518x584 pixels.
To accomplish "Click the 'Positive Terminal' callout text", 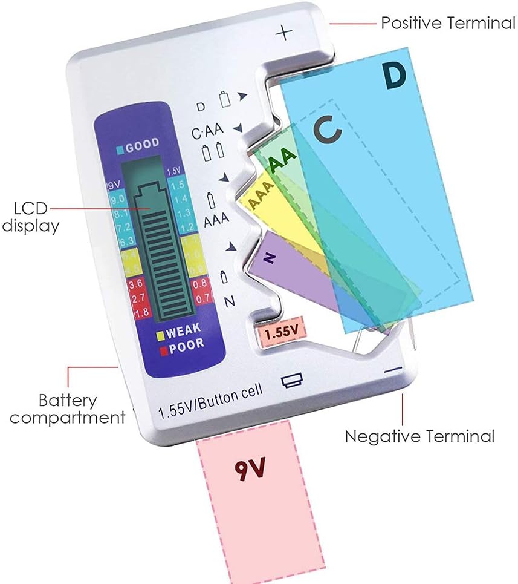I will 447,24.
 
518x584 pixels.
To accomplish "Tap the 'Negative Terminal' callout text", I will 419,436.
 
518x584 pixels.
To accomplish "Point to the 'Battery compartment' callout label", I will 68,408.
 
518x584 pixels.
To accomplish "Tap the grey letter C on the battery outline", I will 327,130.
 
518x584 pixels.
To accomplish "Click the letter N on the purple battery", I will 270,258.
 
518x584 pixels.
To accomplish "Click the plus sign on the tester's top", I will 283,32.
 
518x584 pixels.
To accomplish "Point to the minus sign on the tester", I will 393,369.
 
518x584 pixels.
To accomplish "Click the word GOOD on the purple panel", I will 143,144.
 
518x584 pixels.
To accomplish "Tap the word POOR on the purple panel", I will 185,344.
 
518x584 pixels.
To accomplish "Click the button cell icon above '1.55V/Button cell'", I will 291,380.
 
